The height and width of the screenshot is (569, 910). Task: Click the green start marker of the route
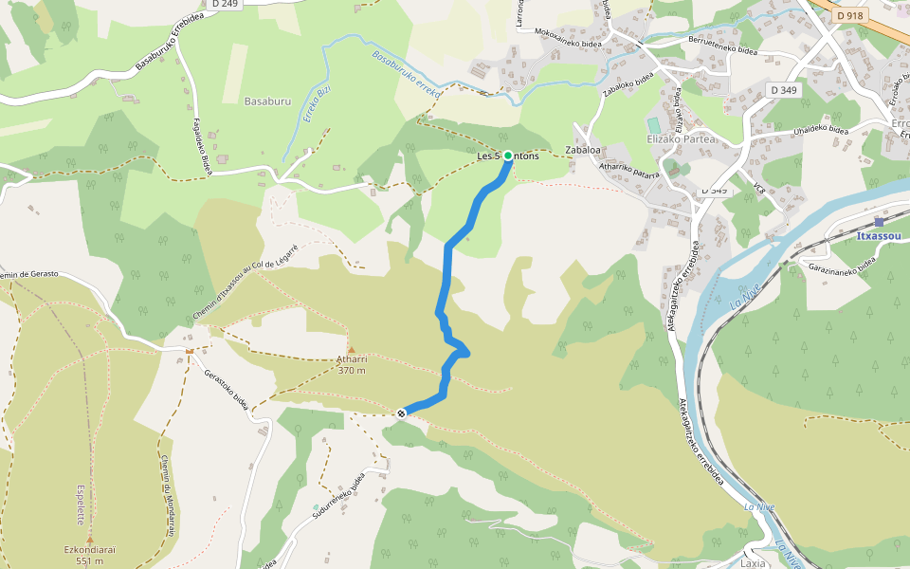[508, 156]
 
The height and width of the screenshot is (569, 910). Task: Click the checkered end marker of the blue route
[402, 413]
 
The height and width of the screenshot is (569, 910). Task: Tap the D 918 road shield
[850, 15]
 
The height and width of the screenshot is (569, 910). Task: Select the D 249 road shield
[224, 4]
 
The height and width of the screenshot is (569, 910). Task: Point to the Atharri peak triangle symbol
[351, 350]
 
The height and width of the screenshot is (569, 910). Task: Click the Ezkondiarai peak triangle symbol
[90, 538]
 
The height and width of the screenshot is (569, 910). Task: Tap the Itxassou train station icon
[879, 222]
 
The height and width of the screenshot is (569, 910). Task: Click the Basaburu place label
[266, 101]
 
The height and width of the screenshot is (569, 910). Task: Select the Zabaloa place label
[583, 150]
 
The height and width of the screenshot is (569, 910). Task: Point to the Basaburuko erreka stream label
[408, 75]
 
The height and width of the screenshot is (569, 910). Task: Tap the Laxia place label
[753, 562]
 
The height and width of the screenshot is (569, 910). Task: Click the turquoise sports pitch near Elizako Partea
[653, 125]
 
